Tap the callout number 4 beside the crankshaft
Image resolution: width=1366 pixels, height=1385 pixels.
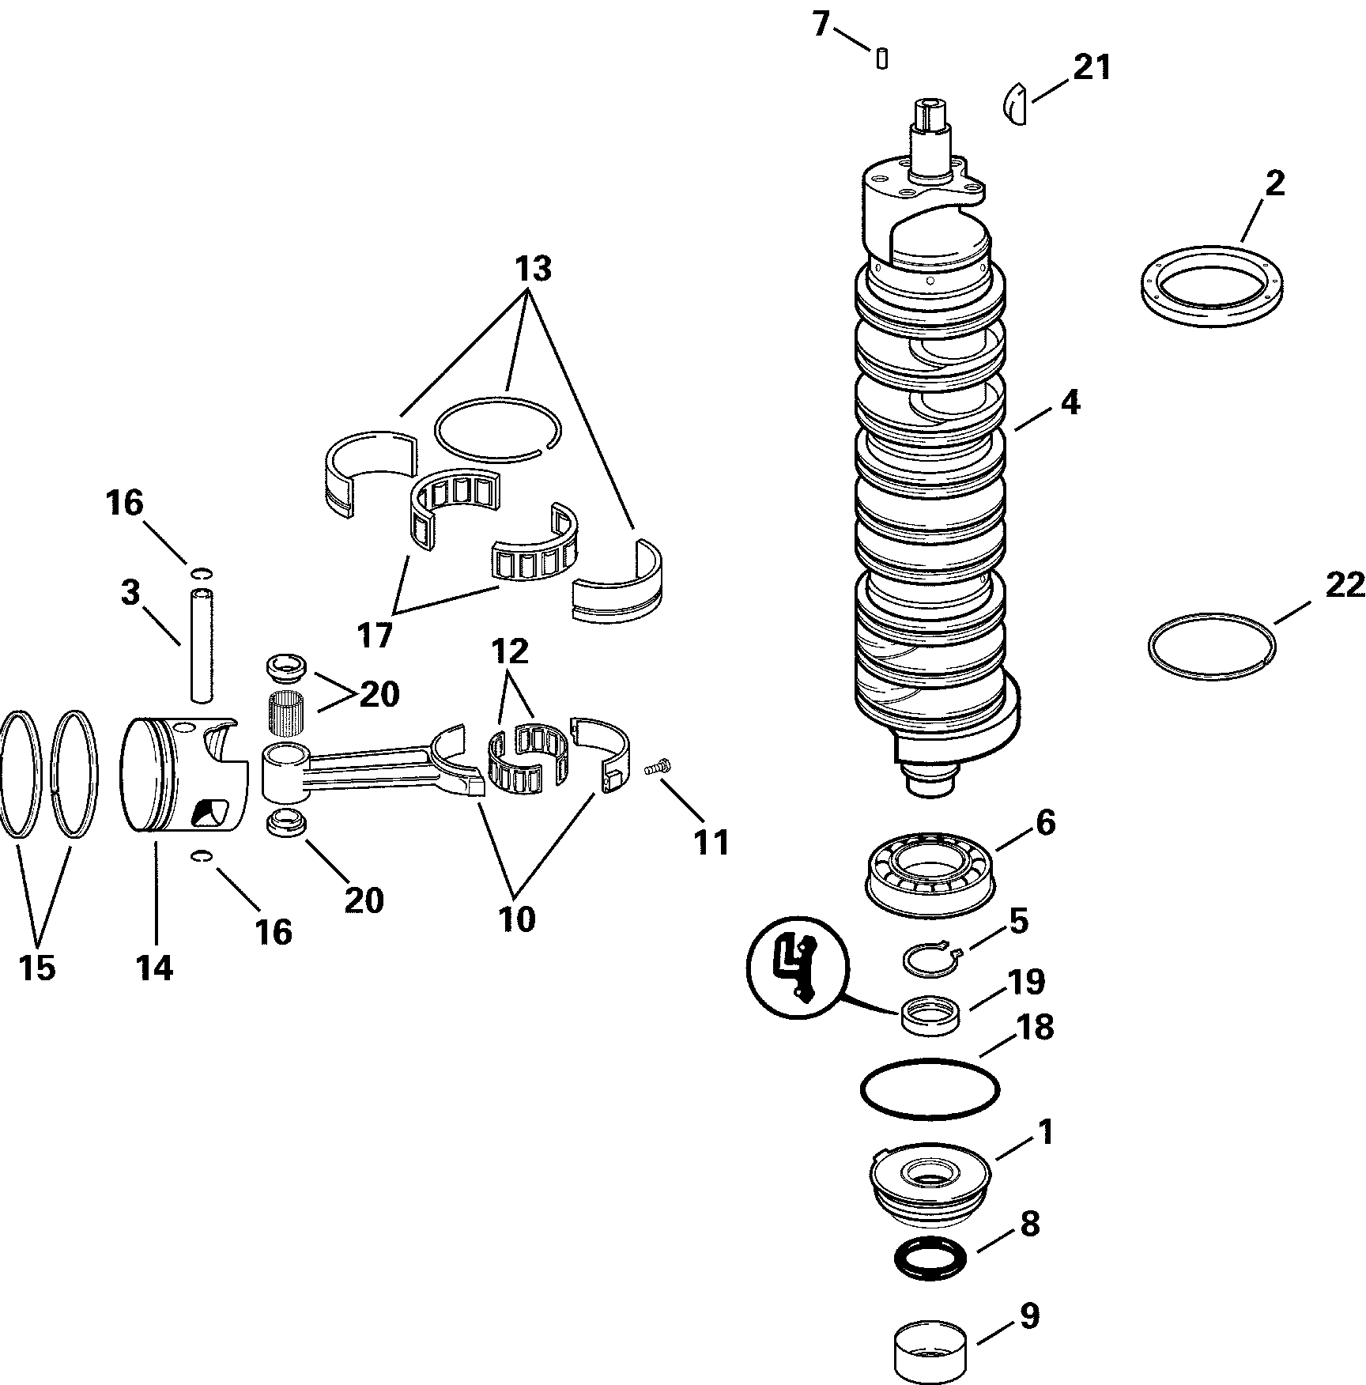[1069, 403]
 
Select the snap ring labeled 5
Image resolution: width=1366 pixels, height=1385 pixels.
[930, 960]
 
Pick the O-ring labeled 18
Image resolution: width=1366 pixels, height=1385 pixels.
[930, 1089]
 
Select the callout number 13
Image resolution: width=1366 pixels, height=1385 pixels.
[533, 270]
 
